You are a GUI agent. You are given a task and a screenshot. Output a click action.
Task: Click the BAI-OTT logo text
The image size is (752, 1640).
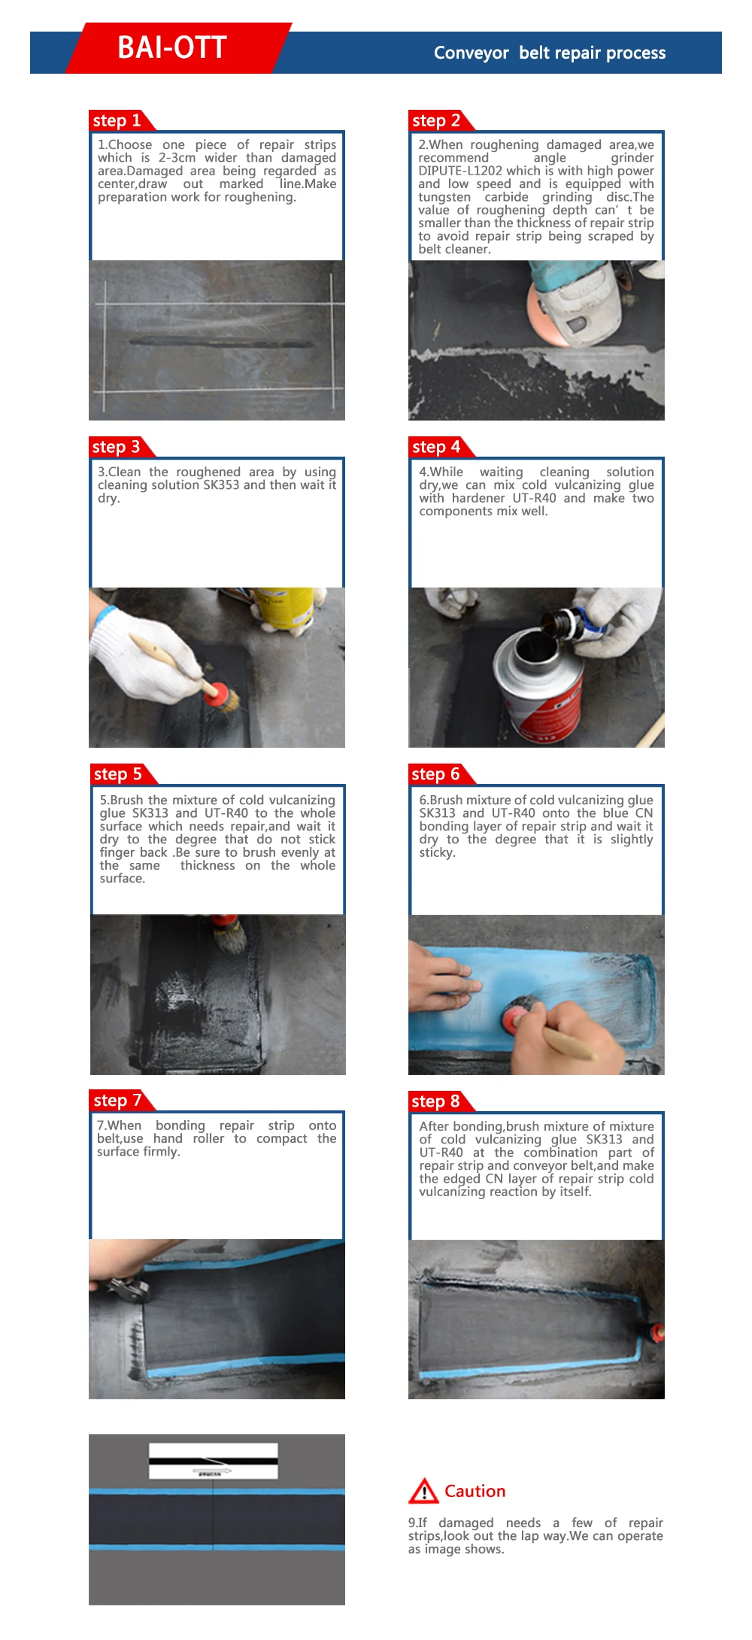click(x=172, y=48)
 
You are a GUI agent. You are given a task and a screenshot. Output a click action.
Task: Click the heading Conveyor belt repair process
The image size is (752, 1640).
click(x=549, y=53)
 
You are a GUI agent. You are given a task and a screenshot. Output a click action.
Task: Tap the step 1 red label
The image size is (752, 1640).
click(x=117, y=120)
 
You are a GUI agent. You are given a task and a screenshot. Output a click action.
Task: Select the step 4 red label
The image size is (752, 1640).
click(x=436, y=447)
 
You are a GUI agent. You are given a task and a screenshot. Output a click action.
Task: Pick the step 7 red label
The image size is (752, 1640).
click(x=117, y=1101)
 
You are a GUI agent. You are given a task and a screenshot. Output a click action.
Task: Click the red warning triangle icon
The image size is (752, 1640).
click(x=423, y=1491)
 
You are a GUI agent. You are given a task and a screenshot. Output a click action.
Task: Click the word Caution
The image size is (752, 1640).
click(x=475, y=1491)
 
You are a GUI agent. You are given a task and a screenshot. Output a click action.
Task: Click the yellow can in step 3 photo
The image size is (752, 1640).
click(x=284, y=606)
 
